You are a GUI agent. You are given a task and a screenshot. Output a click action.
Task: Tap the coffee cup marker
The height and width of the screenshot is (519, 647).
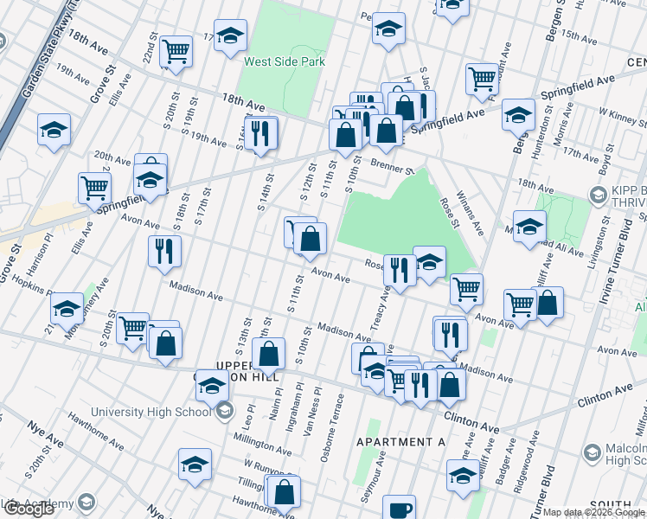(x=399, y=509)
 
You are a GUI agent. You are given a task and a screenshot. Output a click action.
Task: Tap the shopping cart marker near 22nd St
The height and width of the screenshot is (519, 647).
(x=176, y=51)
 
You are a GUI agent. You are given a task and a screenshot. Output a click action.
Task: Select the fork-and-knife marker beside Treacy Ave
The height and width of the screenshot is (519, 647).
(x=400, y=270)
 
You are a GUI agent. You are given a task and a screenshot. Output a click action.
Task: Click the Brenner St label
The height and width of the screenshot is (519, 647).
(x=393, y=164)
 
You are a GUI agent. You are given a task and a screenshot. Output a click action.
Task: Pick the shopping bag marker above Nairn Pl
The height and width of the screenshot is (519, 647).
(x=269, y=353)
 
